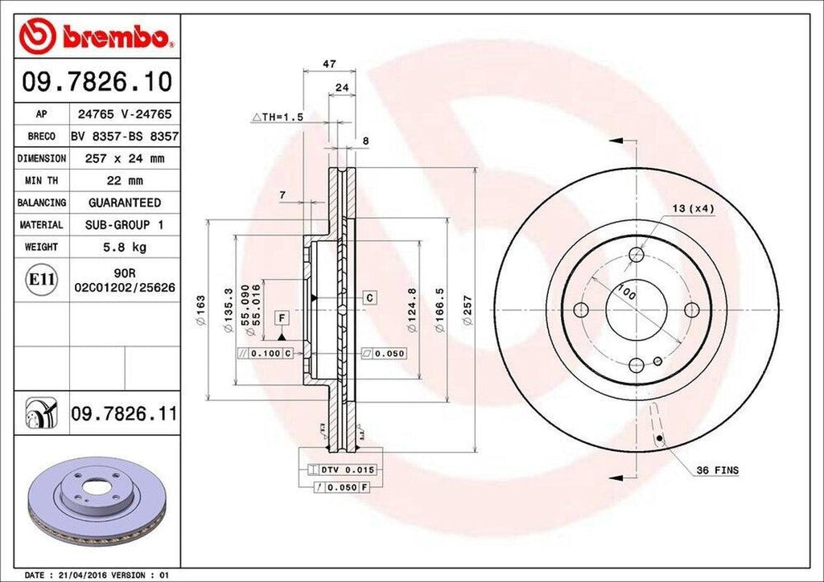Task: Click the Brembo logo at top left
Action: pyautogui.click(x=97, y=37)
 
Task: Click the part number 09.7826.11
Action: pyautogui.click(x=124, y=414)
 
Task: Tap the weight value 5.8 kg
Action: pyautogui.click(x=125, y=247)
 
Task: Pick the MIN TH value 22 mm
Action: pyautogui.click(x=125, y=181)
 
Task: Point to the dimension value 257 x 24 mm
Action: pyautogui.click(x=125, y=159)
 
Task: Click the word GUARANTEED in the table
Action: pyautogui.click(x=125, y=203)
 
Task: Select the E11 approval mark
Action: pyautogui.click(x=42, y=280)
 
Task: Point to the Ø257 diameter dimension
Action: pyautogui.click(x=468, y=309)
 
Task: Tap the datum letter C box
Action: pyautogui.click(x=369, y=298)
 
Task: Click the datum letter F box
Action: pyautogui.click(x=282, y=318)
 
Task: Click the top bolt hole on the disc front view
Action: pyautogui.click(x=637, y=255)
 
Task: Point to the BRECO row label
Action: pyautogui.click(x=41, y=137)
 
